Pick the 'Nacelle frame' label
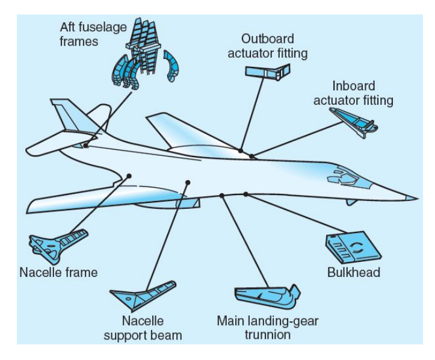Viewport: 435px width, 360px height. [x=58, y=273]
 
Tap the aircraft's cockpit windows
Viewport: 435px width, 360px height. [x=341, y=176]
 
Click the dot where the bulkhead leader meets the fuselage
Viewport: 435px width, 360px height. [x=246, y=194]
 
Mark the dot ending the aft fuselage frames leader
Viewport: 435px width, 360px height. [x=87, y=146]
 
